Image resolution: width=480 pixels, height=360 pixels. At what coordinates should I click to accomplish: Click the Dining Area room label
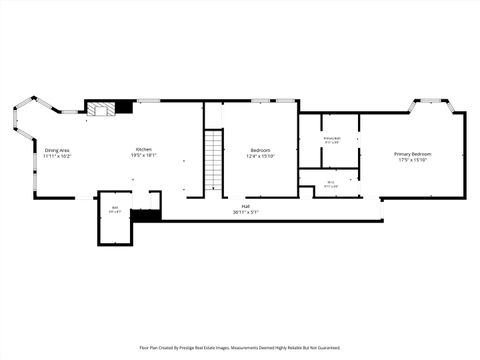coord(57,149)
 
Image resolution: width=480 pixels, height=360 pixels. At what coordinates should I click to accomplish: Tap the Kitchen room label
coord(144,149)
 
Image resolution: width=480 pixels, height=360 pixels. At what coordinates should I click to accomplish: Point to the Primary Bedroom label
coord(412,154)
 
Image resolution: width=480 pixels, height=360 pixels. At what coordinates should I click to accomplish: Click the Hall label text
coord(245,206)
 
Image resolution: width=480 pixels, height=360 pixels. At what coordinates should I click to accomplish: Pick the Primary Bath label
coord(332,138)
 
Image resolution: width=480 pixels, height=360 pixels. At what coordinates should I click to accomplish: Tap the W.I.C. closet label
coord(331,182)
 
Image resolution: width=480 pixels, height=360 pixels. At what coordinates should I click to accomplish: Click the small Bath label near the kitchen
coord(115,207)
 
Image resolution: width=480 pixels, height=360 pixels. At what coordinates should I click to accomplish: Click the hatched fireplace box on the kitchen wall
coord(100,108)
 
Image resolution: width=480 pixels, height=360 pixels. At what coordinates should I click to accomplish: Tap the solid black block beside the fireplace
coord(124,106)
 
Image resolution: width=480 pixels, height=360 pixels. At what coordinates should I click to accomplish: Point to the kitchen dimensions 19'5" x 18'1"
coord(144,156)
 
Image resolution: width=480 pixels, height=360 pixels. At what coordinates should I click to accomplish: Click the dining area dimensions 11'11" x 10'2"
coord(57,156)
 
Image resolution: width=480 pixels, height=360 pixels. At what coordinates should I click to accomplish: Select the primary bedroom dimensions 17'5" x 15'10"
coord(412,160)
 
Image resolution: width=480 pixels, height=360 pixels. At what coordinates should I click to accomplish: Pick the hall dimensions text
coord(245,212)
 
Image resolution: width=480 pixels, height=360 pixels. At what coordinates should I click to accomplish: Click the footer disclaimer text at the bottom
coord(240,348)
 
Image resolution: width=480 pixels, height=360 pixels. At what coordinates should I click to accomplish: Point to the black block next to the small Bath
coord(145,215)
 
